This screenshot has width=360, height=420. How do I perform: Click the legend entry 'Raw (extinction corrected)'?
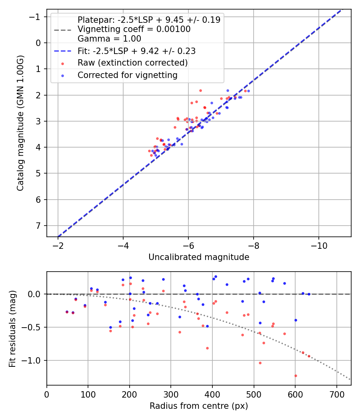pyautogui.click(x=132, y=63)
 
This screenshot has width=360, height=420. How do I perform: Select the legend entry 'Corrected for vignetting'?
pyautogui.click(x=127, y=75)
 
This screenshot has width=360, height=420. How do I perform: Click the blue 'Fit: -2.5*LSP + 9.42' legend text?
pyautogui.click(x=136, y=51)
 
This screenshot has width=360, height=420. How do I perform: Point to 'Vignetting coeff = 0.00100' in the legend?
pyautogui.click(x=134, y=29)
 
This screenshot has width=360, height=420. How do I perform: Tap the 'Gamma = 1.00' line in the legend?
pyautogui.click(x=109, y=39)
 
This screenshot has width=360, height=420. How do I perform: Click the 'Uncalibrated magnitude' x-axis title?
pyautogui.click(x=199, y=257)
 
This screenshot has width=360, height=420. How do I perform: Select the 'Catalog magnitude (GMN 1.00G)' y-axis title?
pyautogui.click(x=20, y=123)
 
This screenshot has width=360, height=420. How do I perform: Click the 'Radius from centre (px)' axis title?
pyautogui.click(x=199, y=406)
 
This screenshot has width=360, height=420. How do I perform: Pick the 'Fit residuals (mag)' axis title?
pyautogui.click(x=12, y=328)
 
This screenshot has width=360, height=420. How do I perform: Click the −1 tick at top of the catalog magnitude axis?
pyautogui.click(x=36, y=17)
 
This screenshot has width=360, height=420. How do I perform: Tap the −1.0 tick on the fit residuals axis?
pyautogui.click(x=34, y=360)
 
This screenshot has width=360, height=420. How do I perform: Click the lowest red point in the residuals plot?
pyautogui.click(x=296, y=376)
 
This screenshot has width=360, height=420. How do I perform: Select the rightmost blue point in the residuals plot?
pyautogui.click(x=309, y=294)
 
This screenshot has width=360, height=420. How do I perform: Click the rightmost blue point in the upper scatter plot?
pyautogui.click(x=248, y=91)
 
